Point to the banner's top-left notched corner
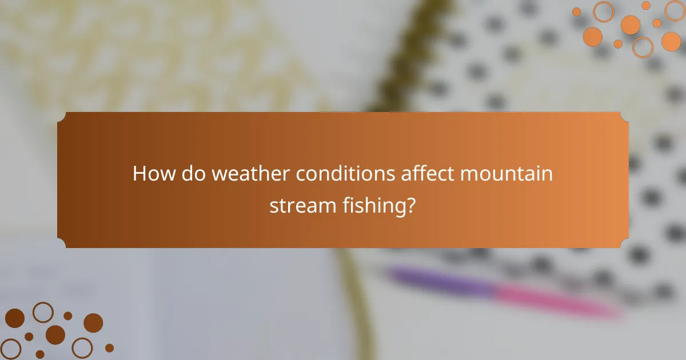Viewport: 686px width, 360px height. (62, 117)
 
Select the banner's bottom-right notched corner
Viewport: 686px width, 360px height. (624, 243)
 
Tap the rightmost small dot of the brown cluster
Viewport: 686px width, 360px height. (109, 347)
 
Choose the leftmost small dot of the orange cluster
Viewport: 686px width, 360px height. (576, 12)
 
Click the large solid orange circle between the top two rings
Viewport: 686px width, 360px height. (631, 25)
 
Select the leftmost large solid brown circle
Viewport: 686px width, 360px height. (15, 318)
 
